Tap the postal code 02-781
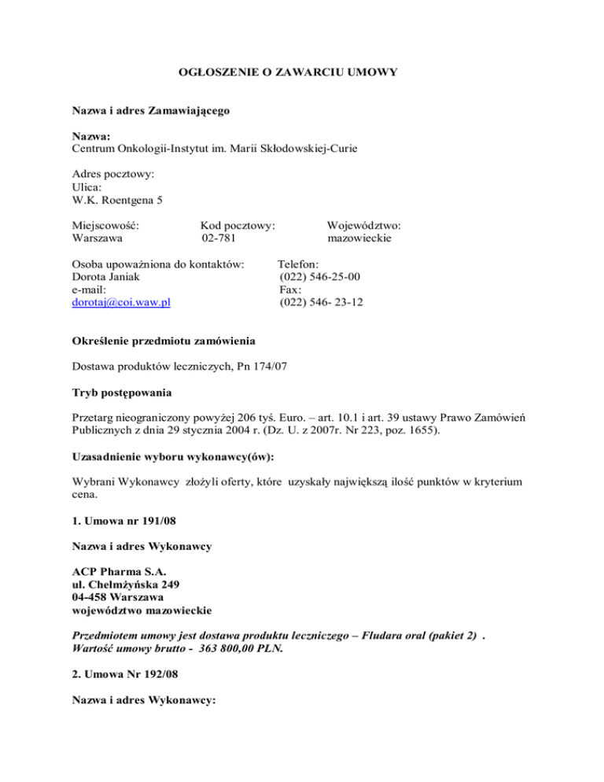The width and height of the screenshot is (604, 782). (x=218, y=238)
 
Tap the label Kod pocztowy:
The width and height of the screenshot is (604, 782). (x=238, y=226)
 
